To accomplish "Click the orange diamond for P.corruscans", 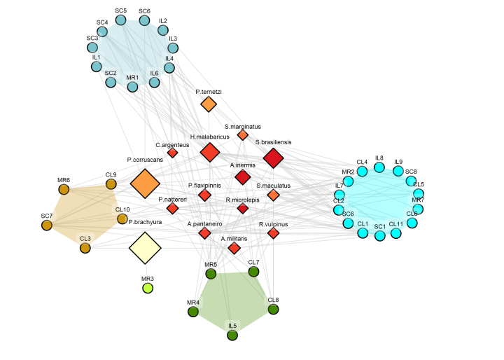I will coord(146,184).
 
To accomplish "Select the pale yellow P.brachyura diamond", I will coord(146,247).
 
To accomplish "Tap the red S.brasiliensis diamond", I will coord(273,159).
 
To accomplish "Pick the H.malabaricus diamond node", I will coord(210,152).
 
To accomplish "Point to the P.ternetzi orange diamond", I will coord(209,104).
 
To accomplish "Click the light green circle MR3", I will coord(148,288).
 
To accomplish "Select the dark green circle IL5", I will coord(232,335).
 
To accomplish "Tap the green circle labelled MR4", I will coord(193,312).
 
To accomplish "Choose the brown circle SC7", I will coord(47,225).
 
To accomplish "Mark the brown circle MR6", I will coord(64,189).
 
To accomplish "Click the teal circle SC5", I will coord(120,20).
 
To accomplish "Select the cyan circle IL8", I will coord(379,167).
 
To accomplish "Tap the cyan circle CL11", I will coord(396,233).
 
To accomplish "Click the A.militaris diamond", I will coord(234,248).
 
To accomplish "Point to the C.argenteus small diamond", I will coord(172,153).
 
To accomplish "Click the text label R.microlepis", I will coord(243,200).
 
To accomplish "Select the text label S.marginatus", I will coord(243,127).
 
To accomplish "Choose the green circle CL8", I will coord(273,309).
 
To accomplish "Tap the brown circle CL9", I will coord(111,184).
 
